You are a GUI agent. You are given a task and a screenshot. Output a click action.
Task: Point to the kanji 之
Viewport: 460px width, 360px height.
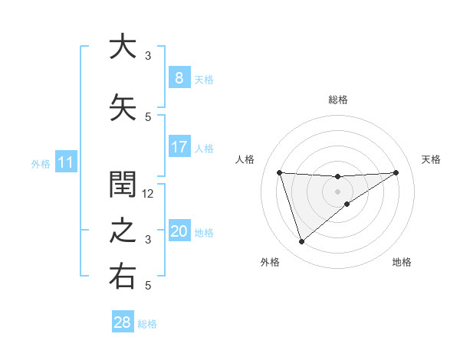123,231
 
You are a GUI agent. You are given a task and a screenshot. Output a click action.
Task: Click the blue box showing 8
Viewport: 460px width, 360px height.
179,77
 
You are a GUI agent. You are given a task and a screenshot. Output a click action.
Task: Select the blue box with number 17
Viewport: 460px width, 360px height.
179,147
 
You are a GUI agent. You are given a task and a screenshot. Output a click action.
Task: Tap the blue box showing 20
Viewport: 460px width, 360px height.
179,231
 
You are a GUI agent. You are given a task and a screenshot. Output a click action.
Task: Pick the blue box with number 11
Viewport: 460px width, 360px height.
65,162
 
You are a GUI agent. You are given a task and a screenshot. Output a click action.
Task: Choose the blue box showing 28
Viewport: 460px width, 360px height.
123,322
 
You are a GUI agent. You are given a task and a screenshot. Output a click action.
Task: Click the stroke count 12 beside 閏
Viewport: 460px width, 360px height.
149,194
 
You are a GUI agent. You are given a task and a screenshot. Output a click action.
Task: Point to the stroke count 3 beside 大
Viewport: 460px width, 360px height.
148,56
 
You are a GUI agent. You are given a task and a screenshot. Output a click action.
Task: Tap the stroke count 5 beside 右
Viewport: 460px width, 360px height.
148,286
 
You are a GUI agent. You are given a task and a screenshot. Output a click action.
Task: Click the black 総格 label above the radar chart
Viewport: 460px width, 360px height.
338,100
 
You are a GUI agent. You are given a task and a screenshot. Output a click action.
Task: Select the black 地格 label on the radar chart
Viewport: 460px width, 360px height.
402,262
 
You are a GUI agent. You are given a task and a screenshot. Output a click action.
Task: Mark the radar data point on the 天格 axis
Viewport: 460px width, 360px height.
396,172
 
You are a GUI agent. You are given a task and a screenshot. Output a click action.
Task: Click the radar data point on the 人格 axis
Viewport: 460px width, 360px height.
280,172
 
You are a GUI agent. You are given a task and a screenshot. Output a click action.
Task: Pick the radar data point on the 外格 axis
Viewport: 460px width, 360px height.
301,242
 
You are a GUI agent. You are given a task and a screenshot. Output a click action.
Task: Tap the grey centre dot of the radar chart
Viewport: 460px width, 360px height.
338,191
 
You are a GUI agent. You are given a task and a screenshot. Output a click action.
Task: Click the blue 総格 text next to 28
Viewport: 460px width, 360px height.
147,324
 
